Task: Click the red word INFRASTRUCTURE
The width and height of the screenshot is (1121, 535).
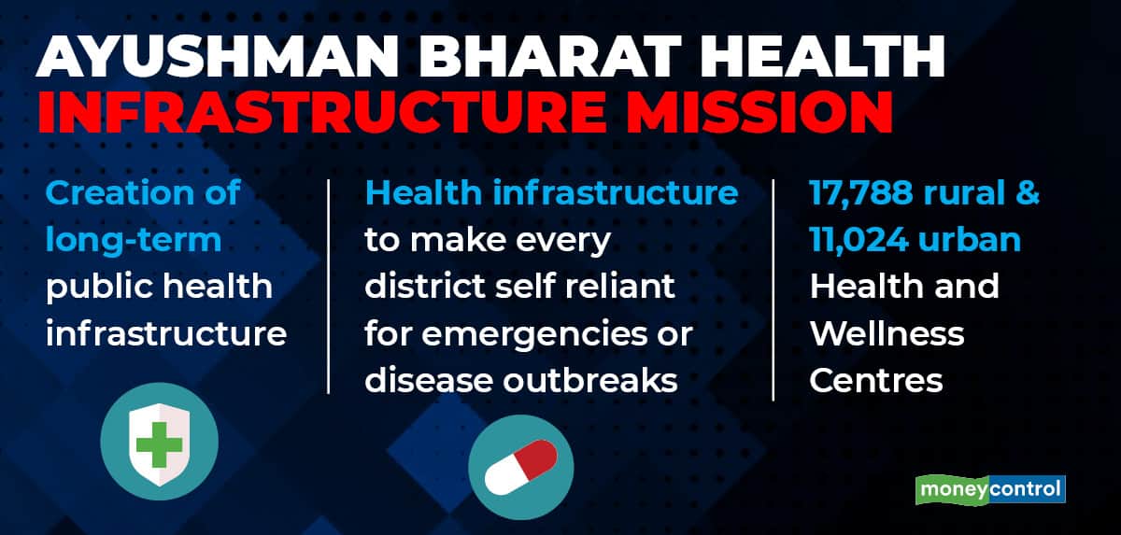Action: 320,111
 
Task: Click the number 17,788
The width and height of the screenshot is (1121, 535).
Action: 861,192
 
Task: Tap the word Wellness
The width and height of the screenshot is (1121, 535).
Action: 887,333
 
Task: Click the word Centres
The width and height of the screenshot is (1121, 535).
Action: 876,381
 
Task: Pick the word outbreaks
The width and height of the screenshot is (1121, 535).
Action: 590,381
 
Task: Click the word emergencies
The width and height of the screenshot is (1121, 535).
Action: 534,334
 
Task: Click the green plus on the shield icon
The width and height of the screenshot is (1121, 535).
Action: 159,445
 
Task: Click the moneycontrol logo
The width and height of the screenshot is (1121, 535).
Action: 990,489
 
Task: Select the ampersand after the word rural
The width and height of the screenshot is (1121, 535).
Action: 1028,192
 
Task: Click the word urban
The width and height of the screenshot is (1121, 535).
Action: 970,240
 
